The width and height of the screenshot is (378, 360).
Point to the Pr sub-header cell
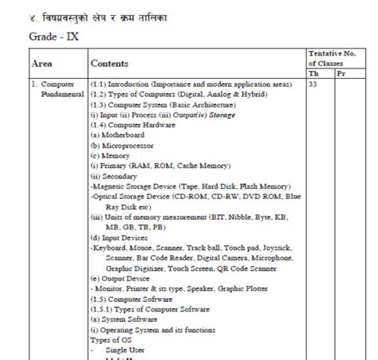341,72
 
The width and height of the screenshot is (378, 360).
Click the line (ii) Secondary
114,176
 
